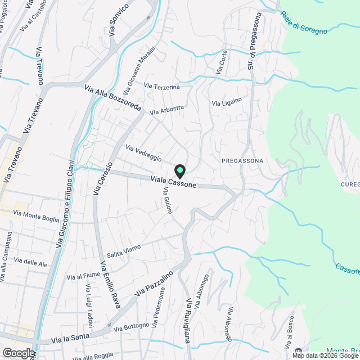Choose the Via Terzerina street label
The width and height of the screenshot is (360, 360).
point(161,86)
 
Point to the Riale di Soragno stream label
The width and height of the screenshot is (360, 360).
point(304,22)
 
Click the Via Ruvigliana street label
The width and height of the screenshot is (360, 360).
point(191,321)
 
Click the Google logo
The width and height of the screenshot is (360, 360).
point(18,353)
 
